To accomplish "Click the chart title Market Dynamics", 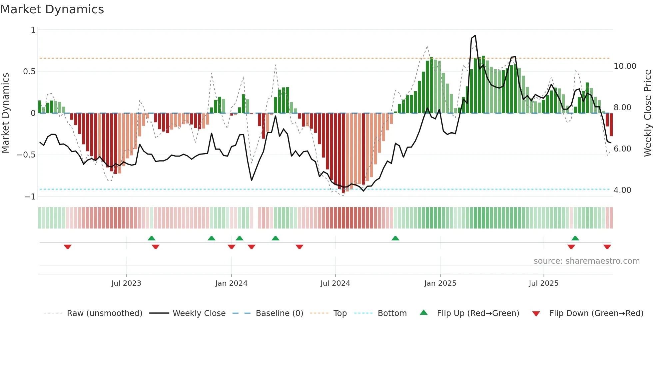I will (x=52, y=9).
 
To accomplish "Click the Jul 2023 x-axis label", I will (x=126, y=283).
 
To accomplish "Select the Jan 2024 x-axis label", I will (x=231, y=283).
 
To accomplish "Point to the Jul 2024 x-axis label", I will (x=335, y=283).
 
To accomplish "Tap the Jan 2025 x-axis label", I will (x=440, y=283).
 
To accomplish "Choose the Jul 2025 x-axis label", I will (x=543, y=283).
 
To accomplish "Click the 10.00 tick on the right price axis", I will (x=625, y=66).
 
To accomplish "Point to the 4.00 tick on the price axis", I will (x=622, y=190).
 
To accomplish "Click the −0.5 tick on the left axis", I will (x=26, y=155).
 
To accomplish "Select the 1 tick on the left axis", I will (x=33, y=30).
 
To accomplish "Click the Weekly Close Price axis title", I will (x=647, y=113).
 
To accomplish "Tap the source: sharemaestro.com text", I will (x=586, y=261).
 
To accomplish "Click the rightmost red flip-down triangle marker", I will (x=607, y=247).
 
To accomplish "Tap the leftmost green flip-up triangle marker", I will (x=152, y=238).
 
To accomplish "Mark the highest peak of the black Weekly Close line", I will (x=475, y=36).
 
